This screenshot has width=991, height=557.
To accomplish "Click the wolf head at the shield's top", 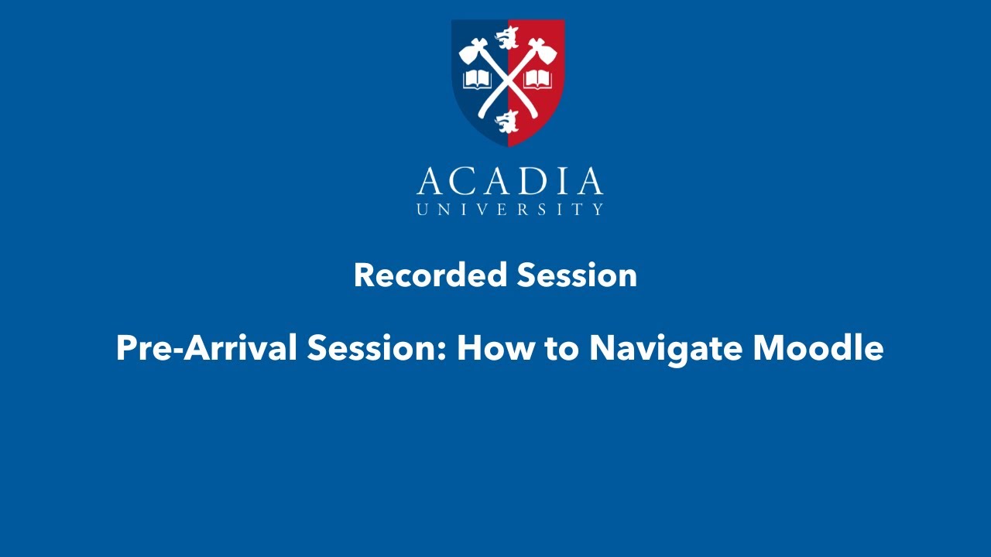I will coord(508,35).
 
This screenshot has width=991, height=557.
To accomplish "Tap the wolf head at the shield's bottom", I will coord(508,121).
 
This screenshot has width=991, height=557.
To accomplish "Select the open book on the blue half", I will coord(477,79).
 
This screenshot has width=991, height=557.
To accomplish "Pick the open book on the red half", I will coord(538,79).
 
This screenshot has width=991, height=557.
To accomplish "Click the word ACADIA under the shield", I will coord(509,182).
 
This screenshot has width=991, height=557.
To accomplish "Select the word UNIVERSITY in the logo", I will coord(509,209).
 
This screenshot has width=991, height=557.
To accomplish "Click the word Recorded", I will coord(430,275).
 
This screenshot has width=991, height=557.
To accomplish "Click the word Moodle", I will coord(818,348).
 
